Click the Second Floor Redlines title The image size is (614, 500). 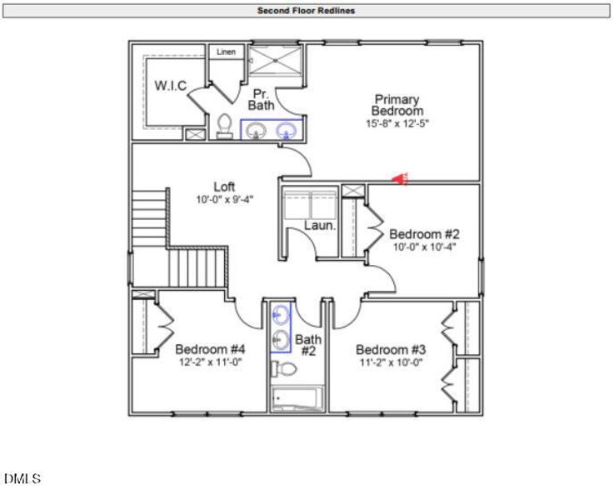[307, 11]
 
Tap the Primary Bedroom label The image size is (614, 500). [397, 105]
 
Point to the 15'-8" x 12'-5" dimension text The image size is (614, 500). [397, 122]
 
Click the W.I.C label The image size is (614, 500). [170, 86]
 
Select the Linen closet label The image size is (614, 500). [226, 52]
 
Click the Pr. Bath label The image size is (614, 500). [261, 100]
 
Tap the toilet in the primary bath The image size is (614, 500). [224, 127]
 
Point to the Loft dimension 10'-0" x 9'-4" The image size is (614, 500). [225, 200]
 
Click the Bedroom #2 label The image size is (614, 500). [424, 233]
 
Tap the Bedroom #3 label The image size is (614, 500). [391, 349]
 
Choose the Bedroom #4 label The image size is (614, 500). [209, 349]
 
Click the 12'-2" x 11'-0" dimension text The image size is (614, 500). [209, 362]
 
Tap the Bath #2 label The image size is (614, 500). [308, 345]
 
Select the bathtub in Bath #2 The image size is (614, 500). [295, 398]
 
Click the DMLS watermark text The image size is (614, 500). [22, 479]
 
